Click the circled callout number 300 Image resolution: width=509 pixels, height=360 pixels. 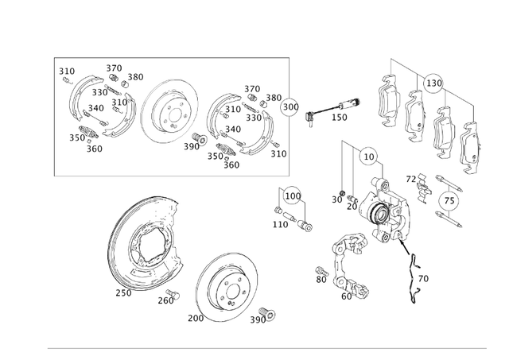(x=291, y=106)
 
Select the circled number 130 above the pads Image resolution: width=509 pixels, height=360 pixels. (x=433, y=83)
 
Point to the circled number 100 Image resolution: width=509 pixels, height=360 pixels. (x=293, y=195)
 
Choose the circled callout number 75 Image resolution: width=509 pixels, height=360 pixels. (x=450, y=201)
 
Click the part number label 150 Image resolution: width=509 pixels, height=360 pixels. (x=340, y=117)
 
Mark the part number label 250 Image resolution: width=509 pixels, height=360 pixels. (x=122, y=292)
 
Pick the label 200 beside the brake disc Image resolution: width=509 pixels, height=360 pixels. (x=196, y=318)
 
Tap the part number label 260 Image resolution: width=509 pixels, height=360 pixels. (x=165, y=300)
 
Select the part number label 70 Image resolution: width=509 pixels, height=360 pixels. (x=423, y=279)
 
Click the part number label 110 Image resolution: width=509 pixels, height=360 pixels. (x=280, y=225)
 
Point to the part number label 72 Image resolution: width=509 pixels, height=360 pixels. (x=411, y=180)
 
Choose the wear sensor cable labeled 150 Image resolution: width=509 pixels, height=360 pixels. (x=334, y=106)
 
